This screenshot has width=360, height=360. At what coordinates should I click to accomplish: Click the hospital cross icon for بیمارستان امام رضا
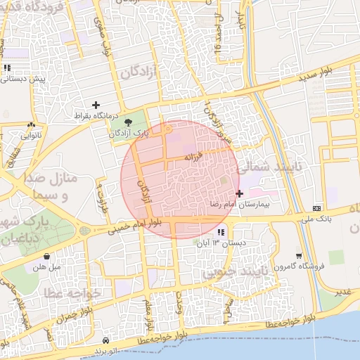tap(240, 193)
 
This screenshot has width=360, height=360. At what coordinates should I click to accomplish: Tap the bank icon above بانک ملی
tap(317, 208)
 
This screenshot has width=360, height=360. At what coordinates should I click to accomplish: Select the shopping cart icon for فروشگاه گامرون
tap(300, 256)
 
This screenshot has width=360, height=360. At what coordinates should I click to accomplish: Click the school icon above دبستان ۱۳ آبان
tap(221, 232)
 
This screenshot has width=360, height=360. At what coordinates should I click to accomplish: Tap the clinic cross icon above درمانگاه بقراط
tap(96, 104)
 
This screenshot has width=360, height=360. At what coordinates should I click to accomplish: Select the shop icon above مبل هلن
tap(46, 257)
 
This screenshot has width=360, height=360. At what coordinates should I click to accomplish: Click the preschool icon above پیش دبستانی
tap(7, 68)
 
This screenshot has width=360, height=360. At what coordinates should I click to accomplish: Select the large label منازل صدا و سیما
tap(58, 186)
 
